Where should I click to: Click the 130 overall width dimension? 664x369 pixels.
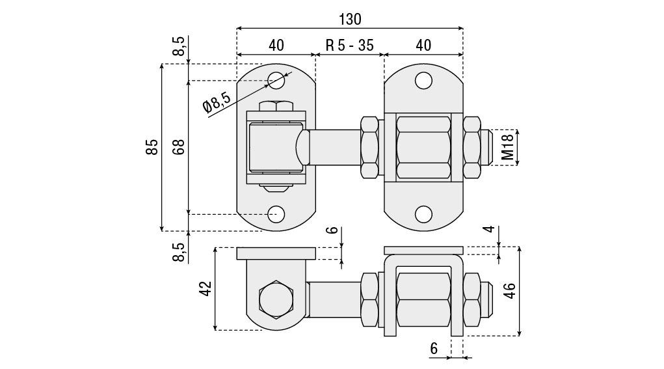[x=350, y=19]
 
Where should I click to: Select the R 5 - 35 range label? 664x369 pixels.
[x=350, y=45]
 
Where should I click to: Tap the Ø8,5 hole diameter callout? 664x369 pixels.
[x=217, y=103]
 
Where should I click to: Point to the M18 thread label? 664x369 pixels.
[x=507, y=147]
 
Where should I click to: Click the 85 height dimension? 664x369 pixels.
[x=152, y=147]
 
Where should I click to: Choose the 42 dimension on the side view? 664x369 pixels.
[x=206, y=288]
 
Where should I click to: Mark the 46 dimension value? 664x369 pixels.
[x=510, y=291]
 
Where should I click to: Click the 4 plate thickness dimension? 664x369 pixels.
[x=490, y=229]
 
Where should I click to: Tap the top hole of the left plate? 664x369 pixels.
[x=276, y=80]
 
